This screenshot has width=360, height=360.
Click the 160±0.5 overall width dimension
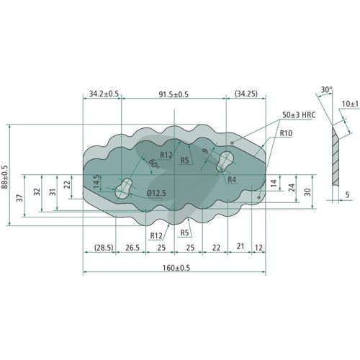[x=176, y=268]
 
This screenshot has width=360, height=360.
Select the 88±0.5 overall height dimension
[x=4, y=177]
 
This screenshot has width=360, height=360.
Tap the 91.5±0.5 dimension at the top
[x=174, y=94]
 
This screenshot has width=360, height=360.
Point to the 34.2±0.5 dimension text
[x=104, y=94]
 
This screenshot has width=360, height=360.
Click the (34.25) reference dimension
[x=246, y=94]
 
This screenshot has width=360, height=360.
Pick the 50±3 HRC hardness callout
[x=299, y=115]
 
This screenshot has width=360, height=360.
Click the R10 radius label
[x=286, y=133]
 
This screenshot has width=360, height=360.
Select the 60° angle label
[x=154, y=163]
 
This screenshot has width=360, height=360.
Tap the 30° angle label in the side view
[x=327, y=90]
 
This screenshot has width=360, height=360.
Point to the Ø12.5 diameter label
[x=156, y=193]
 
